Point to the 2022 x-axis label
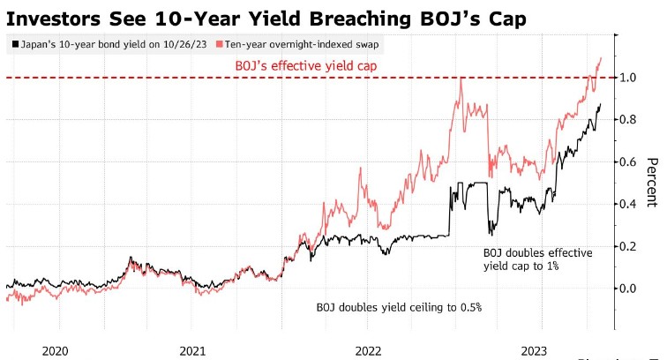point(368,349)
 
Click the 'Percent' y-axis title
point(654,184)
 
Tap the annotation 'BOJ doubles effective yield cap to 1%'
point(538,259)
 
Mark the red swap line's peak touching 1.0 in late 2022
point(461,79)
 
